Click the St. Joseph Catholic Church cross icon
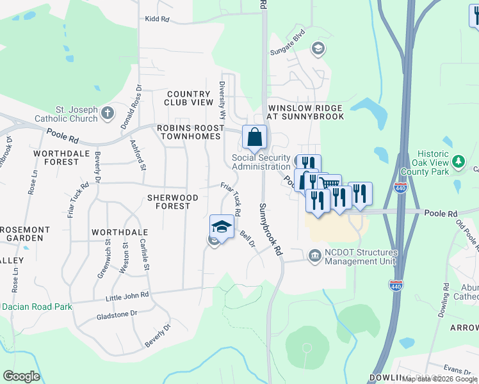pos(108,113)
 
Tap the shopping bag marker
pos(254,136)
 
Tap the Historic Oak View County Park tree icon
pos(458,162)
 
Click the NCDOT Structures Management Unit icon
pos(315,257)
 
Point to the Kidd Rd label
pos(157,20)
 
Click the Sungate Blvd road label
pos(296,38)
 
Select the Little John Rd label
pos(127,295)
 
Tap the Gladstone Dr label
pos(117,314)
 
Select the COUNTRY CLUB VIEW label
pos(188,98)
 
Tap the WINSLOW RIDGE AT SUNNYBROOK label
pos(306,112)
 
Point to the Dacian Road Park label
pos(36,307)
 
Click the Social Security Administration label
pos(261,162)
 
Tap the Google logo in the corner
pos(21,376)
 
